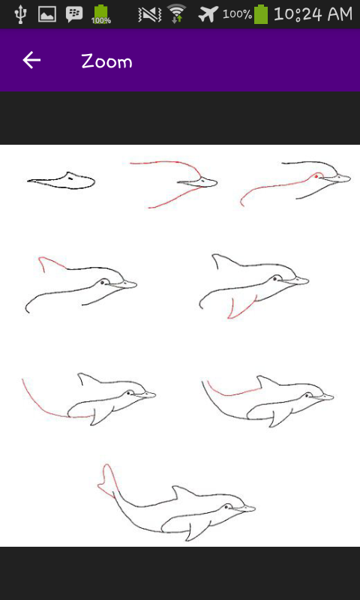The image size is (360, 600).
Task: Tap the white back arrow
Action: pos(31,61)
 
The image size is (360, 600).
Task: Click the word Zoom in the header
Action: pos(106,61)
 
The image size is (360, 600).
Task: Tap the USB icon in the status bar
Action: pos(19,14)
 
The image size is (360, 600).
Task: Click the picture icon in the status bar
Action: pos(47,14)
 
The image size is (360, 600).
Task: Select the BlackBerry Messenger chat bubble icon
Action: pos(74,14)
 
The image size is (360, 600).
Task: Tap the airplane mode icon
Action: pos(208,14)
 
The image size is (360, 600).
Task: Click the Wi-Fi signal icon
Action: pos(177,13)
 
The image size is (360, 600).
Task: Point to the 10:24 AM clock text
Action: pos(313,14)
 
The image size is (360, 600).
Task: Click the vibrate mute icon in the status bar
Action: pos(149,14)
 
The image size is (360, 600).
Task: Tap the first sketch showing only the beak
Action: pos(61,181)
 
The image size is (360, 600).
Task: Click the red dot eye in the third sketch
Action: pos(316,176)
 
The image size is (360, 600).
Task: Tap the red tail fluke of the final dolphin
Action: pos(108,481)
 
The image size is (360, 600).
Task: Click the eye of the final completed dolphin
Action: pos(226,507)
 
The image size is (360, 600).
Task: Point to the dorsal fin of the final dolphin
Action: pos(184,493)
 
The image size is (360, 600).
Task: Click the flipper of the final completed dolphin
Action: pos(197,530)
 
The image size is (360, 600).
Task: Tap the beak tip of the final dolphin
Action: pos(254,508)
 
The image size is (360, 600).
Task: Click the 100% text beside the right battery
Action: pos(237,14)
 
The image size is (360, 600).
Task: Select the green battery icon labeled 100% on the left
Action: pos(101,15)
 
